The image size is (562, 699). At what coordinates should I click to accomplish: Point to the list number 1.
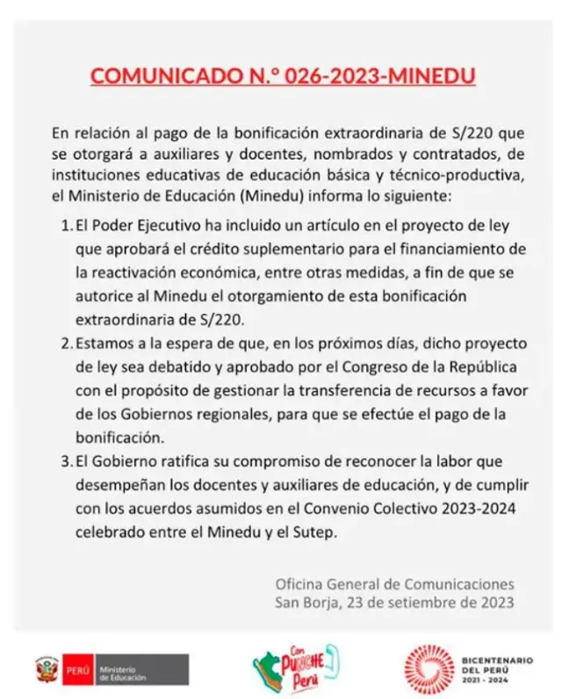point(66,225)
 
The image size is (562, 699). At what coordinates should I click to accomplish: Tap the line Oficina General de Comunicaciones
point(395,583)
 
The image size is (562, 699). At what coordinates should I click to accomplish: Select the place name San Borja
point(304,603)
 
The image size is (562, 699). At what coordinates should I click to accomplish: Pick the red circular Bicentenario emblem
point(429,669)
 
